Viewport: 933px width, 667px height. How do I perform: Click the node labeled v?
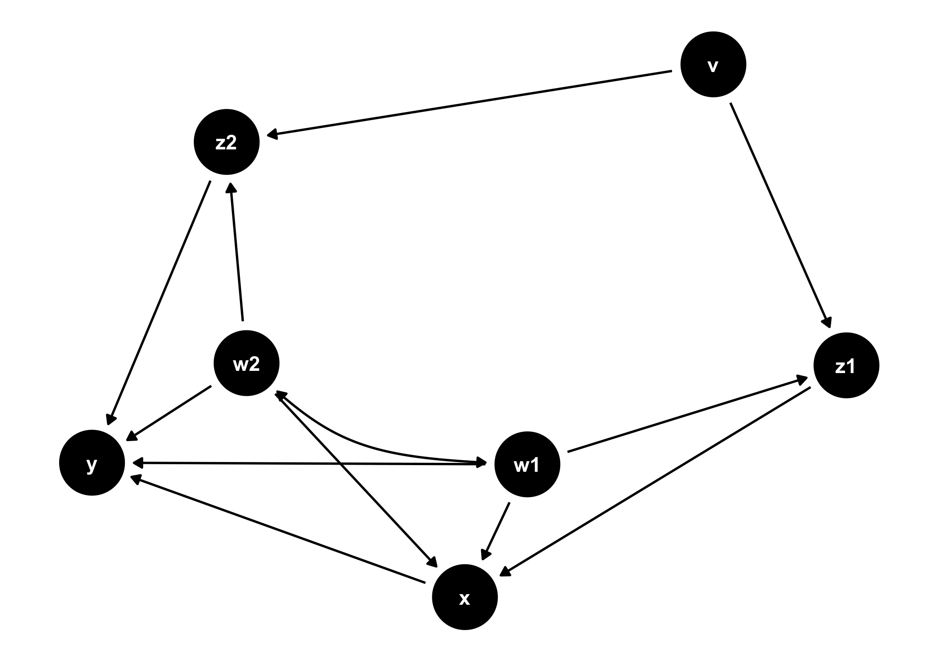(713, 64)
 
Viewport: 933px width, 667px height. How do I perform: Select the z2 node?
(226, 142)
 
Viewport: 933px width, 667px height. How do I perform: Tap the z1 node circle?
(846, 366)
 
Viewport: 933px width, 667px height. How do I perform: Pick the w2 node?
(246, 364)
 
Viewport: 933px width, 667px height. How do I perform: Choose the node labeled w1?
(527, 464)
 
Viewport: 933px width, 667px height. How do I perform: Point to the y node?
(92, 463)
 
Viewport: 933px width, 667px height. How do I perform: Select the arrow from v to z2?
(471, 103)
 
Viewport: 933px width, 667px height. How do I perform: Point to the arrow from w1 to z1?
(686, 416)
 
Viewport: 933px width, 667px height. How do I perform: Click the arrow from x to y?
(278, 529)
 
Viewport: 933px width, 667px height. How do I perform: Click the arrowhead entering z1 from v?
(827, 323)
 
